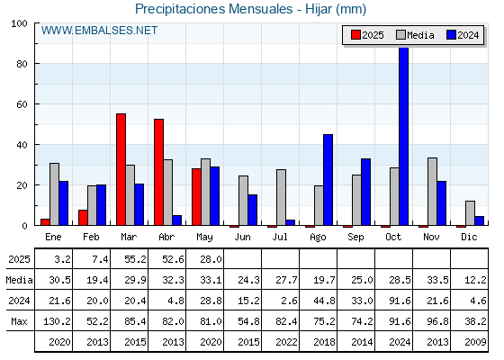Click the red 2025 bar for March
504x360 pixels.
tap(121, 169)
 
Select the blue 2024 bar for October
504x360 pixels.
tap(404, 136)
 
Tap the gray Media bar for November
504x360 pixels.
tap(432, 192)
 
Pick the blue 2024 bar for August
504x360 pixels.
tap(328, 180)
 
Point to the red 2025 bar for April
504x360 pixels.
tap(158, 172)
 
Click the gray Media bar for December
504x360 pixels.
tap(470, 213)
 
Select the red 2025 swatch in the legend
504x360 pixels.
tap(355, 35)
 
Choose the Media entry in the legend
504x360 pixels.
tap(415, 35)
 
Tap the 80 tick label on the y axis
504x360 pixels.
tap(22, 64)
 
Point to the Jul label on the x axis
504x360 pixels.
tap(280, 237)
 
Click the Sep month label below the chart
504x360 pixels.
tap(355, 238)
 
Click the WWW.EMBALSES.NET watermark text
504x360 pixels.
tap(99, 31)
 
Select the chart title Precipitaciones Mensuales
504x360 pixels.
tap(214, 9)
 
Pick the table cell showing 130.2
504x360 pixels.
tap(57, 321)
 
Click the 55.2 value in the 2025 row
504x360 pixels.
tap(135, 259)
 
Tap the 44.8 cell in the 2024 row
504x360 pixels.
tap(324, 301)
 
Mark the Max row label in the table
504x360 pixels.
tap(19, 321)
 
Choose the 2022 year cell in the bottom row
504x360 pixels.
tap(286, 342)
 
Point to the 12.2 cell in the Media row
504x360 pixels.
tap(475, 280)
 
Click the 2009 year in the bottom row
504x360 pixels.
tap(475, 342)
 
